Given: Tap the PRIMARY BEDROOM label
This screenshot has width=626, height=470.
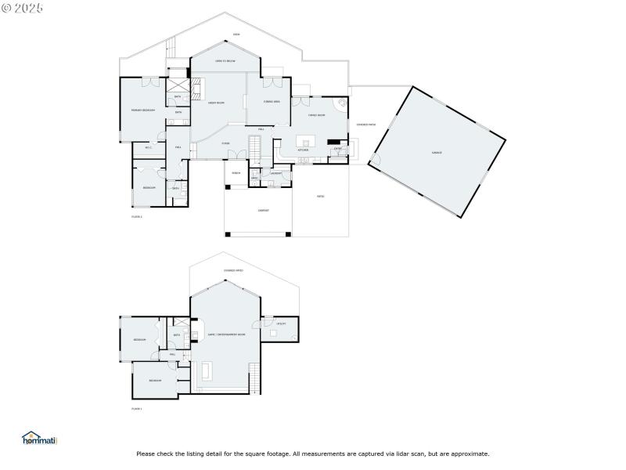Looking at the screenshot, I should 142,110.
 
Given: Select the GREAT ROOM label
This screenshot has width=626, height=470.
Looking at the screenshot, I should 216,103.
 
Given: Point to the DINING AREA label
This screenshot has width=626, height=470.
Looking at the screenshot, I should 272,103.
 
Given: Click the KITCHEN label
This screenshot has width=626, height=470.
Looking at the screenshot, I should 303,150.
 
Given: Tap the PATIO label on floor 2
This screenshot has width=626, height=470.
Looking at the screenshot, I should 320,197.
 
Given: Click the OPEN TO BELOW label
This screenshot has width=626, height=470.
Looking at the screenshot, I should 225,61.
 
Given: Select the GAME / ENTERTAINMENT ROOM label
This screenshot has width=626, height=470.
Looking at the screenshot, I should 226,334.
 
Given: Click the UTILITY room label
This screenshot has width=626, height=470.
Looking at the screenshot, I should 281,324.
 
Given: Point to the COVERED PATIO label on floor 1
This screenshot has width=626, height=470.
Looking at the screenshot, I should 233,270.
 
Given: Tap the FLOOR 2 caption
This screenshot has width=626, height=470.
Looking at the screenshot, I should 137,216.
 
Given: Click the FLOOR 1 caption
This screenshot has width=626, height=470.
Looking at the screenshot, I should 137,409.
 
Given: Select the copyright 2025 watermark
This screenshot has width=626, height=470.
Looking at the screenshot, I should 22,7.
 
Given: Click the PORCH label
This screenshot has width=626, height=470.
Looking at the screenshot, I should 236,173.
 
